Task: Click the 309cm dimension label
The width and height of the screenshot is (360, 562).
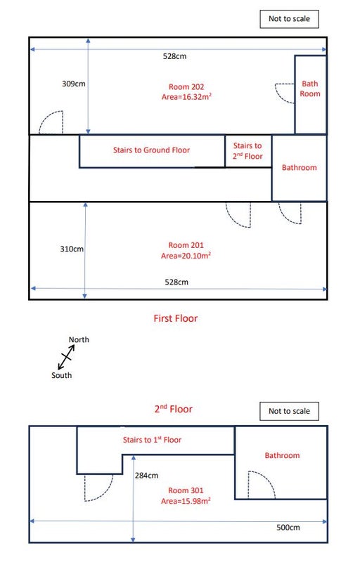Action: tap(74, 84)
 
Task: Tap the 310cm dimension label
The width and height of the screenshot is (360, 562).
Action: tap(72, 249)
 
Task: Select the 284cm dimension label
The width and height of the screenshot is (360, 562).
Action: tap(146, 476)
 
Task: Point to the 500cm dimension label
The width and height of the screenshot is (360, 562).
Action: tap(288, 528)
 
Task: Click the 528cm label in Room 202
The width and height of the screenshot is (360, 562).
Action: tap(174, 56)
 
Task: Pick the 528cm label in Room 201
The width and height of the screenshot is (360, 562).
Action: tap(176, 282)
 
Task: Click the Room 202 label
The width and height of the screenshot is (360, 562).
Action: tap(186, 86)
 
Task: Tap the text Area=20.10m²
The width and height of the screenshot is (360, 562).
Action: tap(186, 256)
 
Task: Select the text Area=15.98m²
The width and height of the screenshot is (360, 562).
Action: tap(186, 501)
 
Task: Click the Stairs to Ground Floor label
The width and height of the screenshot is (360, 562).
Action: tap(151, 150)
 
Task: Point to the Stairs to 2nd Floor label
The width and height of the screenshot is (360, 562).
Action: tap(247, 151)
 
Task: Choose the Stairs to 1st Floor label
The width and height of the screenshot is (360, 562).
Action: tap(152, 440)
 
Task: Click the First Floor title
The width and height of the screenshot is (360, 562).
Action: tap(176, 318)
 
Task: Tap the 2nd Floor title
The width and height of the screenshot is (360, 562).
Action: tap(174, 409)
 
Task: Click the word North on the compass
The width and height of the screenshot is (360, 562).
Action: tap(79, 339)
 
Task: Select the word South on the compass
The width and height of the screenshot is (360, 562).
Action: tap(61, 375)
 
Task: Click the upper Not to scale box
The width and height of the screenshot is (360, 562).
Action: tap(290, 19)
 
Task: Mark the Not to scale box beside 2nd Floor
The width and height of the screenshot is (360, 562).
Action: tap(290, 411)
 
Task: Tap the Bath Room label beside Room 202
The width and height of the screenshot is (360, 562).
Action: tap(310, 89)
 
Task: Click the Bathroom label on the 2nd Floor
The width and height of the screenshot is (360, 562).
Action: tap(282, 455)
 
